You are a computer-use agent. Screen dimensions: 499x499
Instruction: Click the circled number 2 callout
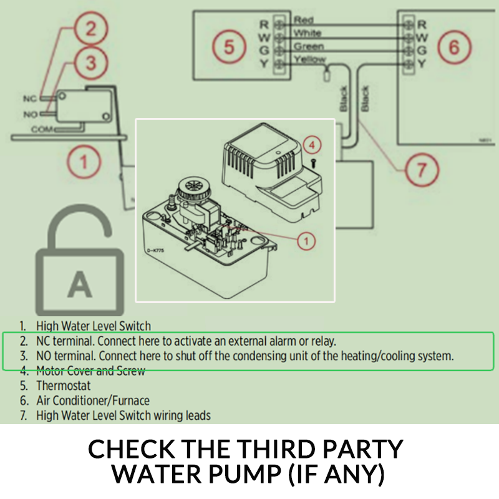click(90, 29)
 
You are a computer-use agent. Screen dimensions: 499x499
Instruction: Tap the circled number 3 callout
click(90, 63)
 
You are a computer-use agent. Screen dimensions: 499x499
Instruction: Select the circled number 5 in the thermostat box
click(229, 47)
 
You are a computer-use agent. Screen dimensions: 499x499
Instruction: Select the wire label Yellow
click(309, 59)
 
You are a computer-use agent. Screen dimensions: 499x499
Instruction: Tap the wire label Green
click(308, 47)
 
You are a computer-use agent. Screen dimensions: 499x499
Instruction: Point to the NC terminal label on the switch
click(31, 99)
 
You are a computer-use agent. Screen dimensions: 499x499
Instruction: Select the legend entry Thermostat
click(63, 385)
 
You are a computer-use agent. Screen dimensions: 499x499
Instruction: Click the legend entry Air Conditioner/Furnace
click(92, 400)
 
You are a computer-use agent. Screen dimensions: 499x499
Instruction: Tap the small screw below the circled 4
click(313, 161)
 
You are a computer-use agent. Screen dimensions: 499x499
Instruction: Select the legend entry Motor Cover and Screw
click(90, 371)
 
